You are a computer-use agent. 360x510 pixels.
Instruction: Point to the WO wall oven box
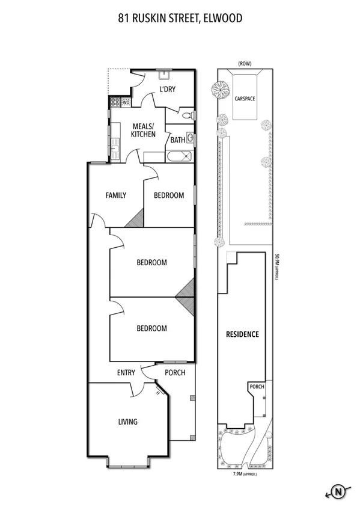(126, 103)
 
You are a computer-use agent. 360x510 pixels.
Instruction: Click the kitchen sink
(114, 145)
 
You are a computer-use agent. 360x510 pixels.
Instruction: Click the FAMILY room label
(115, 195)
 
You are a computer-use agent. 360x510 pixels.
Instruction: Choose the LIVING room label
(128, 422)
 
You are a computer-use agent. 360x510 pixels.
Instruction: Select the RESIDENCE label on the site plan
(242, 334)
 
